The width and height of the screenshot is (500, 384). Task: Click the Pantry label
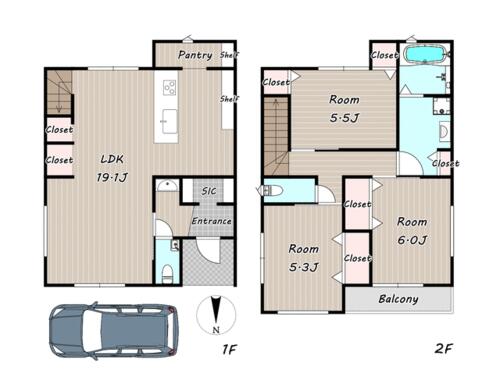[195, 55]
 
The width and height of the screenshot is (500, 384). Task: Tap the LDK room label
[112, 159]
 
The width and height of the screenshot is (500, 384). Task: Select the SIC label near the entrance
[209, 191]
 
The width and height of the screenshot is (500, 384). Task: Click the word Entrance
[211, 221]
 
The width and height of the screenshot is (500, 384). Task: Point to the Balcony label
[398, 299]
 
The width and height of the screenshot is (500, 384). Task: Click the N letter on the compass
[216, 330]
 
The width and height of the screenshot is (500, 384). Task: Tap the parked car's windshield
[91, 330]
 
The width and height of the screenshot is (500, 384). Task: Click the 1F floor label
[229, 349]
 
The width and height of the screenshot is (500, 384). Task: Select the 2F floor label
[443, 349]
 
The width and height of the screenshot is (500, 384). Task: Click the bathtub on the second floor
[425, 54]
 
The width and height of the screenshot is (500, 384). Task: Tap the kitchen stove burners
[170, 88]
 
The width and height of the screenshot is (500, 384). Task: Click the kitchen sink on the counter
[169, 121]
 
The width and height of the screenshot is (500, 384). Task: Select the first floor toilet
[167, 274]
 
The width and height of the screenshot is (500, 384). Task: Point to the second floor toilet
[273, 190]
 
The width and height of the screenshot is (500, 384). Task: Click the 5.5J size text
[344, 118]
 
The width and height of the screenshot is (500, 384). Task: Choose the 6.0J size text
[412, 240]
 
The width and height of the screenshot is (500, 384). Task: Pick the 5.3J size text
[303, 267]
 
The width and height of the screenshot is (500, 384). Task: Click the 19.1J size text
[112, 177]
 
